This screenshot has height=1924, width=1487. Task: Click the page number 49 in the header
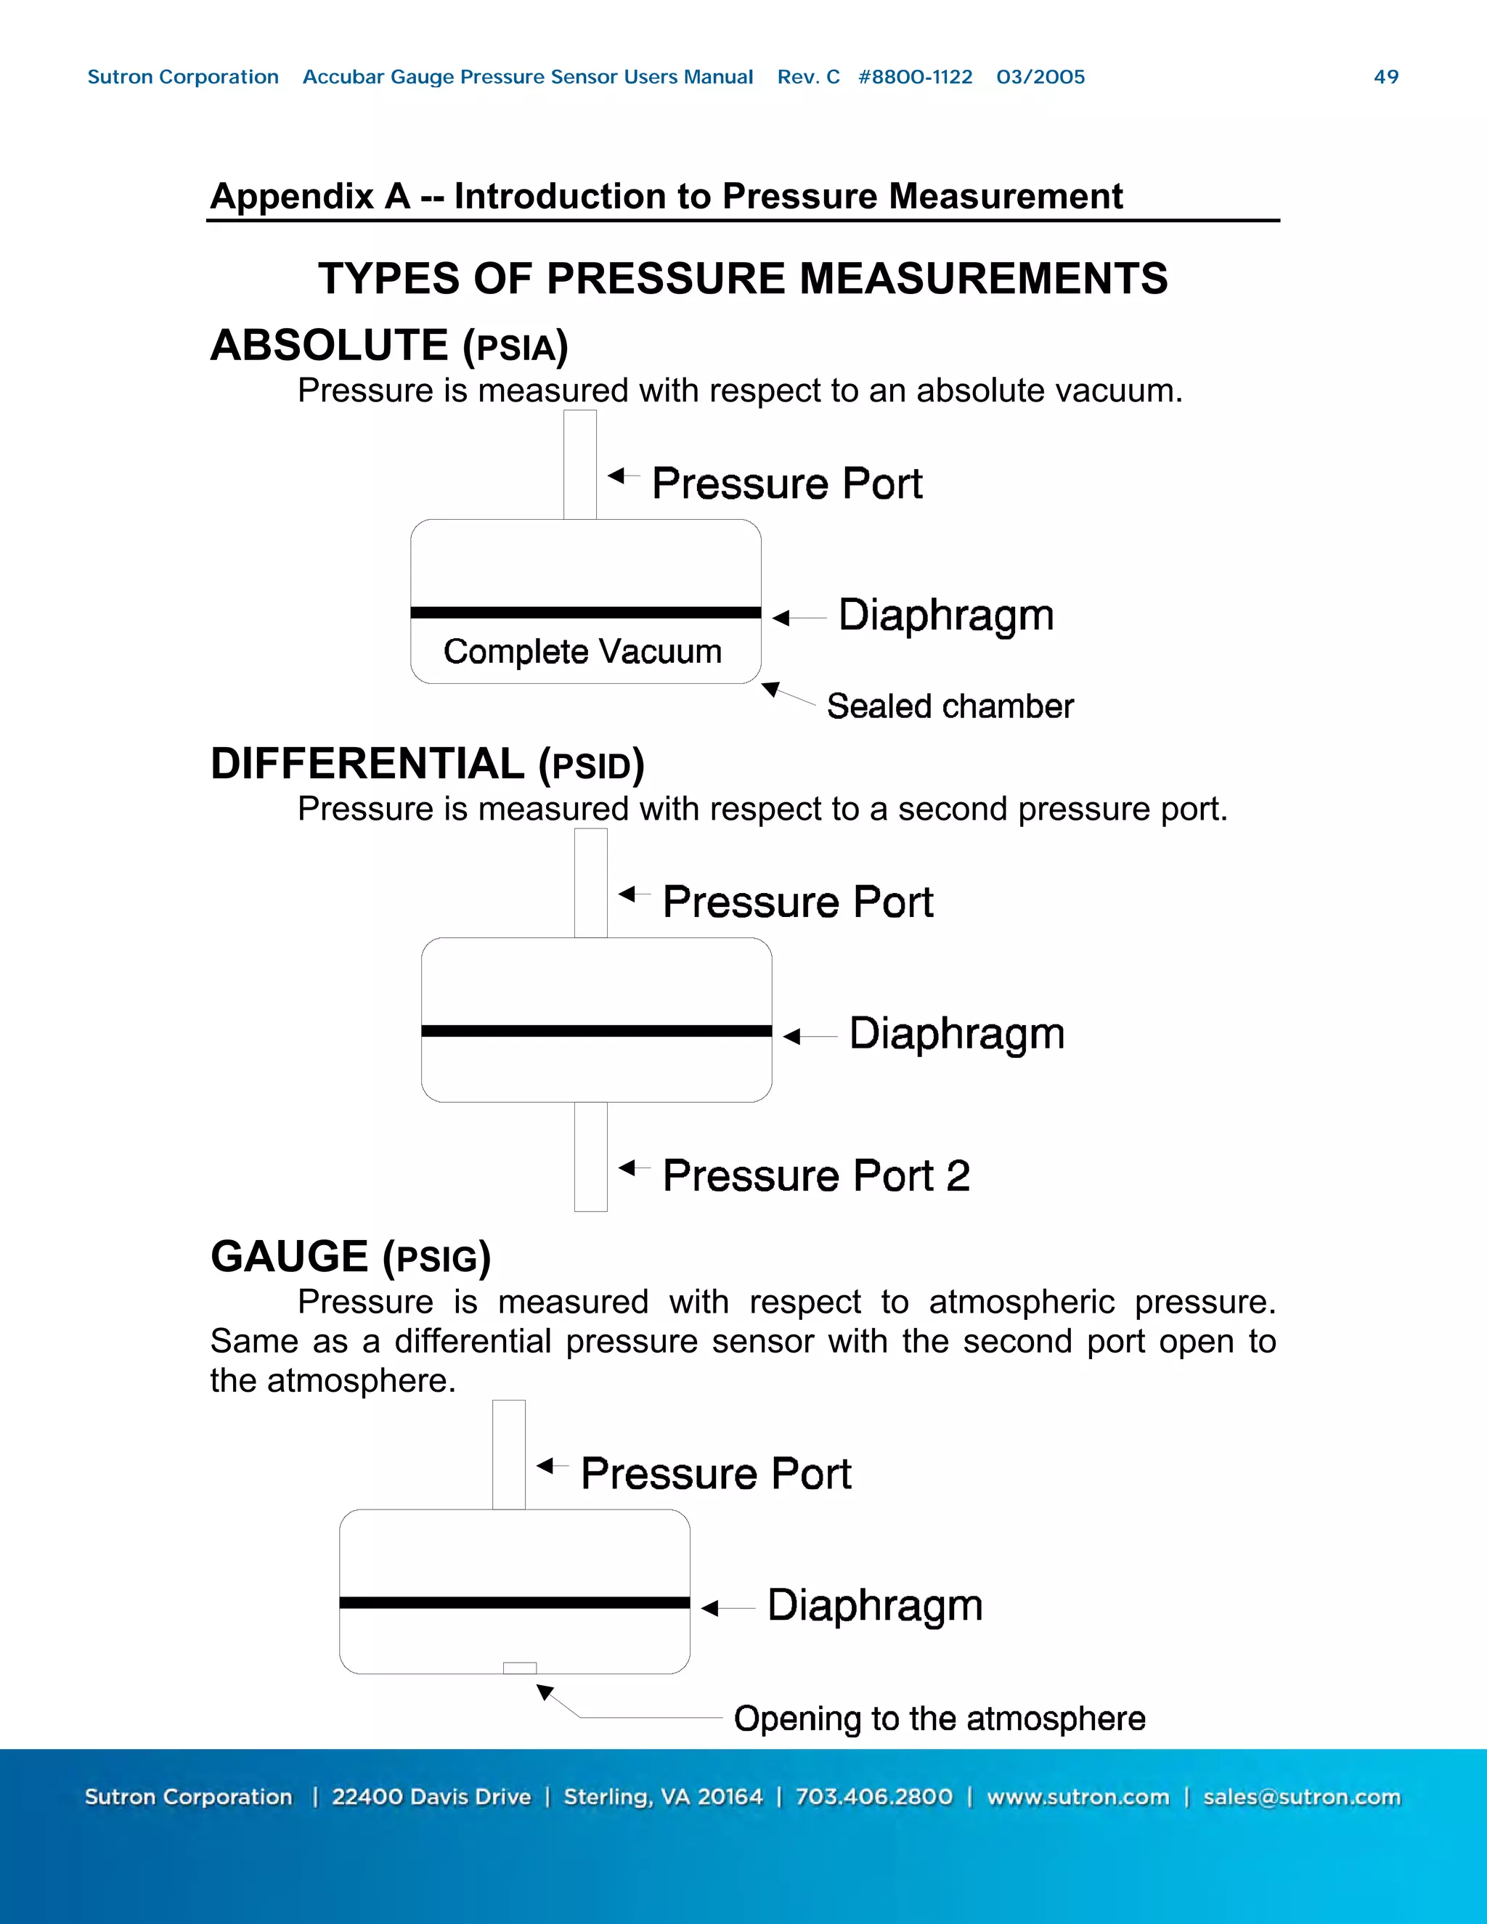1385,77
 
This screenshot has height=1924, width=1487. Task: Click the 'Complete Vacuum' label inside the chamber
582,652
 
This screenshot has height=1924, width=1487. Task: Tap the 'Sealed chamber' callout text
950,706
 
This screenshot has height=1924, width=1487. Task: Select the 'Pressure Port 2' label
815,1176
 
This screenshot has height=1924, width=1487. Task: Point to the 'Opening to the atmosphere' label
939,1719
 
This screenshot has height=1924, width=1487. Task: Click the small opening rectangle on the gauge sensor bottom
520,1668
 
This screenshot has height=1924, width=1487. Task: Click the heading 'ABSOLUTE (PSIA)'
388,346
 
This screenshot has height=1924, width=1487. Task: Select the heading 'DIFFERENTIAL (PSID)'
427,764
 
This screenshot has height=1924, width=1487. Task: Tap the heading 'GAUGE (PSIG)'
350,1257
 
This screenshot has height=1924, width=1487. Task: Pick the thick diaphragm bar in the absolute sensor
585,612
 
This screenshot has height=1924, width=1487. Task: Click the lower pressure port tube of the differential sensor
590,1156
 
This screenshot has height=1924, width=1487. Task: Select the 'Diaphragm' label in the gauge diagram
874,1605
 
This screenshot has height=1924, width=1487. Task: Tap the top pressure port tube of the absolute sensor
579,464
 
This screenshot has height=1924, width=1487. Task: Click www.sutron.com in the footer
1077,1797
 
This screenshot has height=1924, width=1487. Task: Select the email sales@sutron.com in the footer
1301,1797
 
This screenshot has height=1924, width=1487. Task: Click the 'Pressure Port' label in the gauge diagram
715,1474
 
